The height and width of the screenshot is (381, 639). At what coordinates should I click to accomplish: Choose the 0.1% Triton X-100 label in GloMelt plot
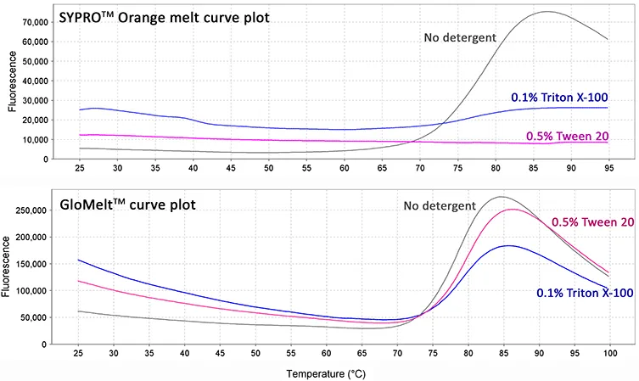point(585,293)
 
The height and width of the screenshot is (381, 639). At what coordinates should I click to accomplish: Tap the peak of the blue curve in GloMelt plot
point(507,246)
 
